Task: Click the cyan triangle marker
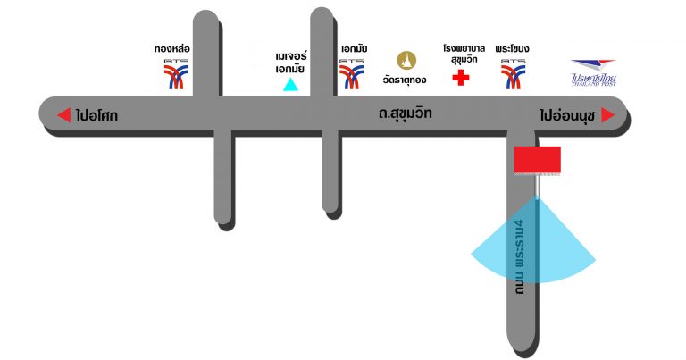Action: [x=290, y=86]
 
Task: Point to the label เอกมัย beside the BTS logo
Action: [x=354, y=47]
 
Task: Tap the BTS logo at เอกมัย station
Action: [x=352, y=73]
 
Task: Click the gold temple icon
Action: [x=407, y=60]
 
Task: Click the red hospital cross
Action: [x=461, y=77]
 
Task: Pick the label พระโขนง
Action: [x=514, y=47]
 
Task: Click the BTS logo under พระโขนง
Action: [x=514, y=73]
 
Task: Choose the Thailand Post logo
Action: [x=594, y=71]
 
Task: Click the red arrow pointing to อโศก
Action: [x=63, y=115]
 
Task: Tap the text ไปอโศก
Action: [x=97, y=115]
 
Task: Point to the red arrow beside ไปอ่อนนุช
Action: [x=608, y=115]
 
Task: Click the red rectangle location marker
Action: [x=537, y=159]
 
